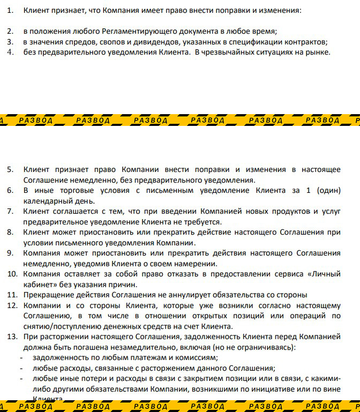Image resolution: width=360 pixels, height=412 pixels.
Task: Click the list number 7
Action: point(10,212)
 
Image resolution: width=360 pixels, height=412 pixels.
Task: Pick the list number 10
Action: point(12,274)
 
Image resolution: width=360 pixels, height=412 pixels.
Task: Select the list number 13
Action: point(12,337)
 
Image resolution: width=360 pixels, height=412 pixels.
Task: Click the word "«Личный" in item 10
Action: point(324,274)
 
